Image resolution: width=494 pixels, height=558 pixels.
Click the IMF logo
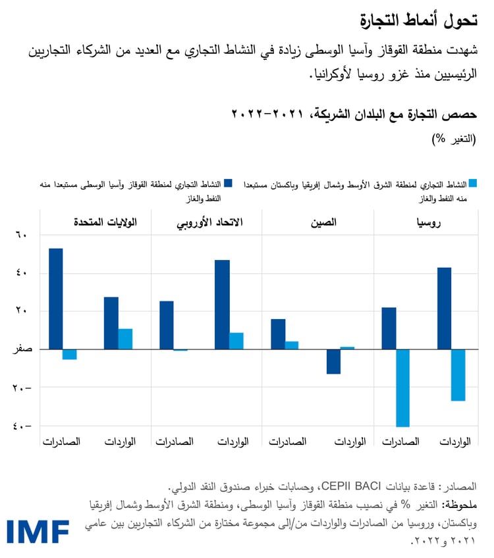(x=38, y=530)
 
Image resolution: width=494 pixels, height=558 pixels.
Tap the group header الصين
(x=323, y=222)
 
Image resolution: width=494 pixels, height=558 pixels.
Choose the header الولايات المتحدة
(x=105, y=222)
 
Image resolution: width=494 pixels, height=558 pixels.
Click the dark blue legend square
(x=229, y=184)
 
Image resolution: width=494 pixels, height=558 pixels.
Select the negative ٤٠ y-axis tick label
(x=22, y=426)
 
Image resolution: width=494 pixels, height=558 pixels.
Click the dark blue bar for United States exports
(x=56, y=299)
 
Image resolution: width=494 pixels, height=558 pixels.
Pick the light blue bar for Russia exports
(x=402, y=388)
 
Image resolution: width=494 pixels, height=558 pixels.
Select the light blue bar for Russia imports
(x=458, y=375)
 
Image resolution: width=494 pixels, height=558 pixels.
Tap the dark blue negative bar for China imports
(x=333, y=361)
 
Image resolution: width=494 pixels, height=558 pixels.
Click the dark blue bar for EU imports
(x=222, y=305)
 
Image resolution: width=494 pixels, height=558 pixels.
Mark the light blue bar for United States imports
(x=125, y=339)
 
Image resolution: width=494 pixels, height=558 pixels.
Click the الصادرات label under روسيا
(x=400, y=442)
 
